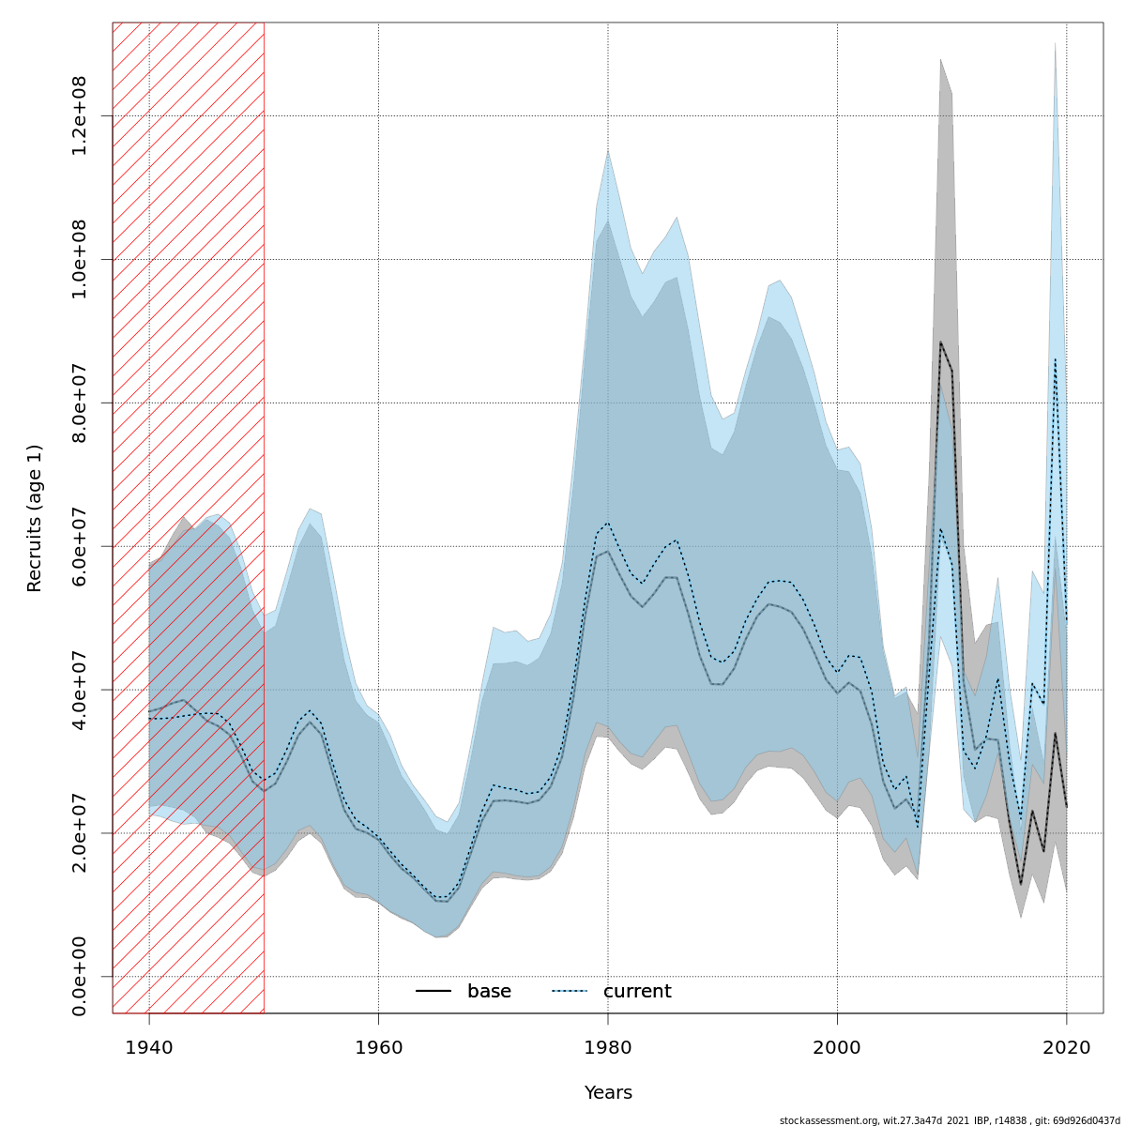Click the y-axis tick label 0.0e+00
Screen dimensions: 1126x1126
click(80, 976)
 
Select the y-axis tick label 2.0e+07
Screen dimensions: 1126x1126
click(80, 832)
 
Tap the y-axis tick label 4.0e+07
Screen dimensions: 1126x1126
click(80, 689)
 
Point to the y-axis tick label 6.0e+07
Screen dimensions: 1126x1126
click(80, 545)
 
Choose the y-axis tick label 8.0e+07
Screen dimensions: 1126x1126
click(80, 402)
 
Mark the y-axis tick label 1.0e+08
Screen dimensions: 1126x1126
click(80, 258)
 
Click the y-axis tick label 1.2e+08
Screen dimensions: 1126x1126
click(80, 114)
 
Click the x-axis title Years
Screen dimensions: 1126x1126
click(608, 1093)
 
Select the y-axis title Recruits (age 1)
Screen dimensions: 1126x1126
click(35, 518)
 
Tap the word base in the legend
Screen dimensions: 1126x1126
click(489, 992)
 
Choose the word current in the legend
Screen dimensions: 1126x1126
click(637, 992)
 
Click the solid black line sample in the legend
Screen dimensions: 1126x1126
click(434, 992)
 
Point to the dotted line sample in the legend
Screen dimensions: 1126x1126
click(570, 992)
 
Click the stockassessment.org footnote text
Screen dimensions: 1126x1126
click(950, 1120)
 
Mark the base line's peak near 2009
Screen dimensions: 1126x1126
click(940, 342)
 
